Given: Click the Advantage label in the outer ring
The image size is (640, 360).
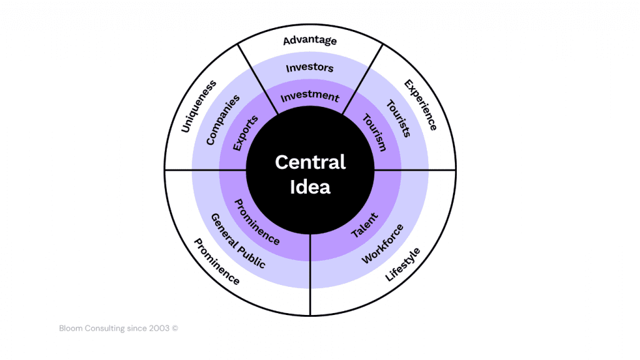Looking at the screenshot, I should click(x=309, y=41).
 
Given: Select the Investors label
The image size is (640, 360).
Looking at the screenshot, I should click(x=309, y=67).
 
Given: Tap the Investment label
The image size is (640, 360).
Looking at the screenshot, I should click(x=309, y=97).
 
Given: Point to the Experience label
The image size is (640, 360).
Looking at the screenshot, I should click(x=420, y=104).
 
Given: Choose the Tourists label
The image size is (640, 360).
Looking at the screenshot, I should click(x=397, y=118).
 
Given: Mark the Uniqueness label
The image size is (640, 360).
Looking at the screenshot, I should click(x=198, y=106).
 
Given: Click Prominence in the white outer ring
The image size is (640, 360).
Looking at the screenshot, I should click(x=216, y=261).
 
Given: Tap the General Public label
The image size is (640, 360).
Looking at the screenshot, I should click(x=237, y=241).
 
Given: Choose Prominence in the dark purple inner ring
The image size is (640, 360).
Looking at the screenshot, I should click(x=257, y=221).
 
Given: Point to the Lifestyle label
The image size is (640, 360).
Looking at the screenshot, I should click(x=402, y=264).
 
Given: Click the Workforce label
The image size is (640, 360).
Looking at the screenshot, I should click(x=382, y=243).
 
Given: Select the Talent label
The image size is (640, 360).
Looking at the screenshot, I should click(x=364, y=225).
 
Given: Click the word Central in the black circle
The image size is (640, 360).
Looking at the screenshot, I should click(x=310, y=162).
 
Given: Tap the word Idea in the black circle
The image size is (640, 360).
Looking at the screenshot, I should click(x=310, y=187).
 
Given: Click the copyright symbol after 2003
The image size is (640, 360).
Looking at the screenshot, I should click(x=175, y=327).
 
